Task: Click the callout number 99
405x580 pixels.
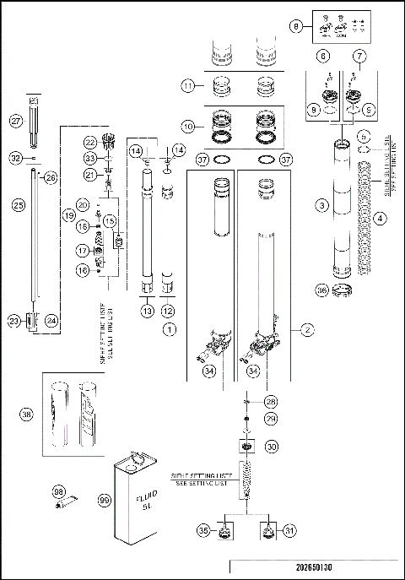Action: tap(105, 501)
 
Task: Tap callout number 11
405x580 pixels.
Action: tap(190, 85)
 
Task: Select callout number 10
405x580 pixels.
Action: tap(190, 126)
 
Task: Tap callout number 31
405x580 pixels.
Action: tap(291, 531)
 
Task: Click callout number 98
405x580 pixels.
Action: tap(58, 491)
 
